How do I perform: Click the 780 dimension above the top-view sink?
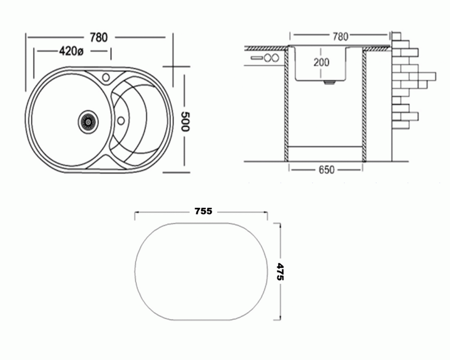click(99, 38)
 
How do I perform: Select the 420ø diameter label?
click(71, 51)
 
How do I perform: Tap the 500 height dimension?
click(185, 122)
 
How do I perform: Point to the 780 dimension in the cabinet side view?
click(341, 37)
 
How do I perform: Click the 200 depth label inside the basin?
click(321, 62)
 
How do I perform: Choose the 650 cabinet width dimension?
click(327, 170)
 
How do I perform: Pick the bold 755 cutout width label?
click(203, 211)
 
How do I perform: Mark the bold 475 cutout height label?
click(280, 272)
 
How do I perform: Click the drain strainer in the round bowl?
click(88, 122)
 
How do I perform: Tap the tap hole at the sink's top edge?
click(106, 77)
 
